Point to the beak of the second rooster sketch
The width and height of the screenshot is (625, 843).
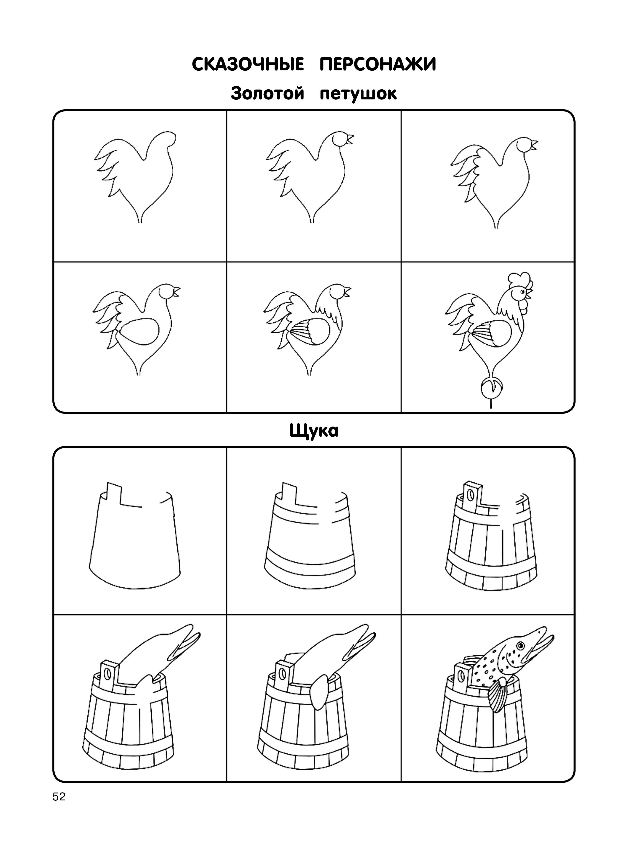[x=350, y=140]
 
